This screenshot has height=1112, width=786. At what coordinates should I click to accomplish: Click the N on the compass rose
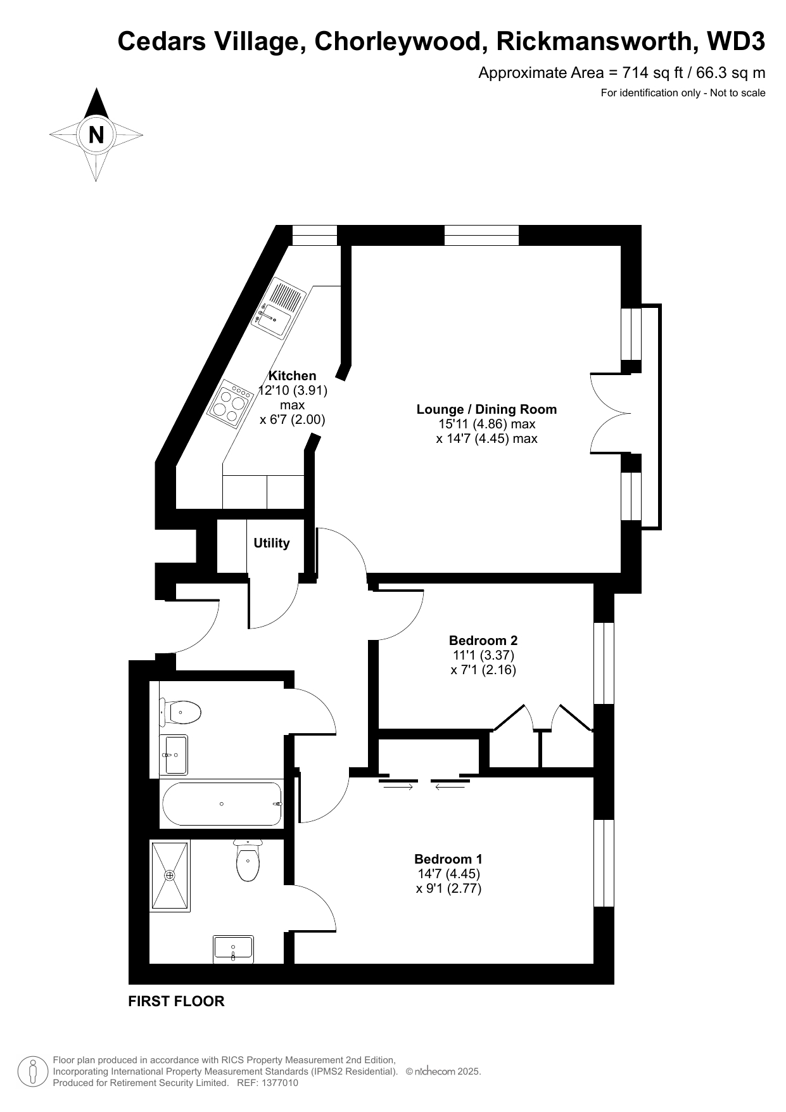click(x=96, y=135)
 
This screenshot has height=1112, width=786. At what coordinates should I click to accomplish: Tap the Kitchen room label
click(x=293, y=376)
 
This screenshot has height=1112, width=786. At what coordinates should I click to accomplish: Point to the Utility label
click(x=272, y=543)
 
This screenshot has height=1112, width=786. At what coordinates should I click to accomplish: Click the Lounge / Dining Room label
click(x=486, y=409)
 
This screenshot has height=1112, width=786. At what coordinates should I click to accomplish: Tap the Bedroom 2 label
click(x=483, y=641)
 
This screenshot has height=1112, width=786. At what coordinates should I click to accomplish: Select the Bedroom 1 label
click(x=448, y=859)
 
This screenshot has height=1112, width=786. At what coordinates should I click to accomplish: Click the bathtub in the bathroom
click(x=222, y=803)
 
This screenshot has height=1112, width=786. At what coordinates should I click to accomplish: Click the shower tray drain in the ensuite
click(x=169, y=876)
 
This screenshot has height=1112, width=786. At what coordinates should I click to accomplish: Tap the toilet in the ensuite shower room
click(x=248, y=860)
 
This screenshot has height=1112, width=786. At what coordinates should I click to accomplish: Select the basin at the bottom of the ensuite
click(x=233, y=949)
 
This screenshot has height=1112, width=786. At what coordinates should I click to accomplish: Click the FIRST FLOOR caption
click(x=176, y=1002)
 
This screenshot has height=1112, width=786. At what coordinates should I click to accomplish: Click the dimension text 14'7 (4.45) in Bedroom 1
click(x=448, y=874)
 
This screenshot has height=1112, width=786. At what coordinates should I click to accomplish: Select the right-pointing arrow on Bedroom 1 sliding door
click(x=396, y=787)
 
